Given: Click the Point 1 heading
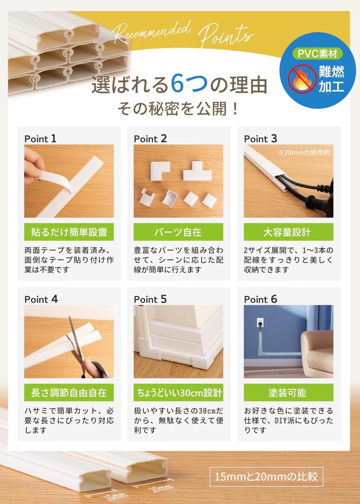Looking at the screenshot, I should point(40,139).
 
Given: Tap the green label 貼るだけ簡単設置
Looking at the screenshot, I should point(69,232).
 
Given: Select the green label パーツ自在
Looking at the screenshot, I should point(178,232).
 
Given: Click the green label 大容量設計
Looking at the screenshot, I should point(288,232).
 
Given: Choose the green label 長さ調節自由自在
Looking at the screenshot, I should point(69,392).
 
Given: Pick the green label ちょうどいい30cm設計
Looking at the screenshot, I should point(178,392).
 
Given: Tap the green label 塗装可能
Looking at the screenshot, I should point(288,392).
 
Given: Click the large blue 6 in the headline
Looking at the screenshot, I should point(178,85).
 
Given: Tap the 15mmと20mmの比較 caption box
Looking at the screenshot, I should point(266,476).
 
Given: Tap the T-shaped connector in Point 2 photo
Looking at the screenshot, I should point(197,173).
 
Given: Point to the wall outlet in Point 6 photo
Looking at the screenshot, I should point(260,324).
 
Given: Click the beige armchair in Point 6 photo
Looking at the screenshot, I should point(318,352).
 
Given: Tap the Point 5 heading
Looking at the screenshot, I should point(150,299).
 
